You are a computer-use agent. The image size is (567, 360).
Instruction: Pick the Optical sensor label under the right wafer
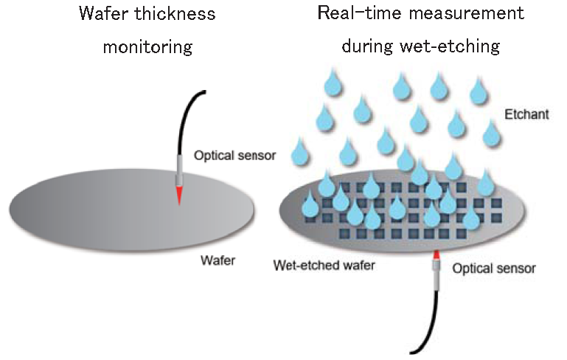[493, 269]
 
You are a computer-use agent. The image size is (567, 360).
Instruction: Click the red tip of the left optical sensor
[178, 195]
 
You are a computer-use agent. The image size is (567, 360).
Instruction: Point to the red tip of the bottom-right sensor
[436, 255]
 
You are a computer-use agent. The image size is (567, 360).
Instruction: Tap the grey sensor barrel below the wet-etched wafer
[436, 274]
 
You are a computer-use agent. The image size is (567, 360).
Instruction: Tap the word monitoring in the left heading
[147, 47]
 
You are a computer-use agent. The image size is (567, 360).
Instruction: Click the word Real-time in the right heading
[358, 14]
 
